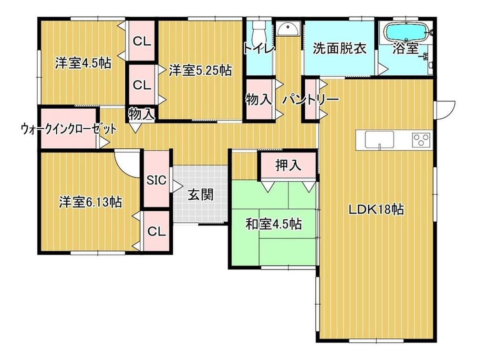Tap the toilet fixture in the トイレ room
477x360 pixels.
259,33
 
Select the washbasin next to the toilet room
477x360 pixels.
288,30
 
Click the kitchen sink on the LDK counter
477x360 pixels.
380,140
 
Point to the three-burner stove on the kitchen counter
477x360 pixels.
422,140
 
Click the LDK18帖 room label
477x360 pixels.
376,209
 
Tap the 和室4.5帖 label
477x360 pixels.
273,224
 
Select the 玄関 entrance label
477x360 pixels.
200,195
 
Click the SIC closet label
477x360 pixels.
156,180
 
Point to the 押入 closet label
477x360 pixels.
288,165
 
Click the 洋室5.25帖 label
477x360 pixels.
200,70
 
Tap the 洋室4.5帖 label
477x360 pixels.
83,63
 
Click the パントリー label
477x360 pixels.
311,100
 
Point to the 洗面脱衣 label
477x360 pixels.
339,48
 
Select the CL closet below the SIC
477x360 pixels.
156,231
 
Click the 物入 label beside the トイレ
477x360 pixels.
259,100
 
